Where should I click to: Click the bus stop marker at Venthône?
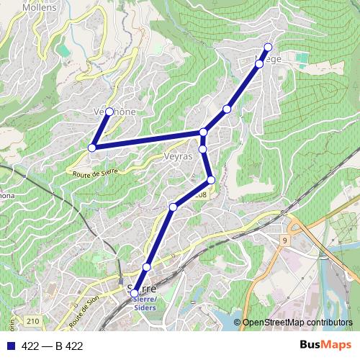[109, 112]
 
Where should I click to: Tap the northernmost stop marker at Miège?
[268, 48]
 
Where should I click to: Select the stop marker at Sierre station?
[135, 293]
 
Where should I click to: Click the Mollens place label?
[40, 7]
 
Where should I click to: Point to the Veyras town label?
[177, 156]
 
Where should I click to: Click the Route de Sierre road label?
[94, 171]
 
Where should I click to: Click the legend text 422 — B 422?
[52, 346]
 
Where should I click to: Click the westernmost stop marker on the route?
[92, 148]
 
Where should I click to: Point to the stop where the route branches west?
[204, 132]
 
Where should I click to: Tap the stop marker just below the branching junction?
[203, 149]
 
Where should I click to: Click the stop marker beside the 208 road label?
[211, 180]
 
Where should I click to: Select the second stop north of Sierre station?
[173, 207]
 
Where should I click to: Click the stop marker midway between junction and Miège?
[227, 109]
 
